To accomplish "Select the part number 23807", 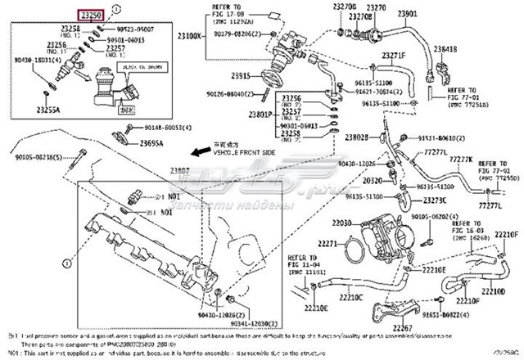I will point(179,170).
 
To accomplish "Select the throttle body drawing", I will point(385,237).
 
